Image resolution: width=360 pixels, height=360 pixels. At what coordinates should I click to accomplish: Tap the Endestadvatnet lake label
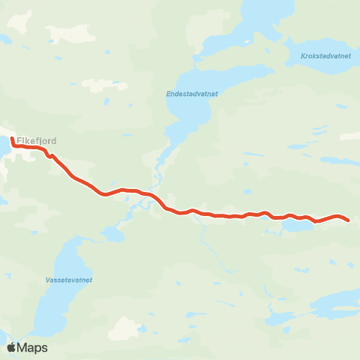(192, 94)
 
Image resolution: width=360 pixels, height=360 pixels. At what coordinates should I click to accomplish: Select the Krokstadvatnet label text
(325, 55)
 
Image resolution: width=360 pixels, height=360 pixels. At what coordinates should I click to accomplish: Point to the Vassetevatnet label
(67, 280)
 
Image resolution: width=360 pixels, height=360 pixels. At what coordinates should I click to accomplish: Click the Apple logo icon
(12, 347)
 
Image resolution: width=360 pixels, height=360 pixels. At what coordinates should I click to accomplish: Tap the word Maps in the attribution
(33, 348)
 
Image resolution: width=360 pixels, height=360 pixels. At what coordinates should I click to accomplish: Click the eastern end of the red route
(349, 220)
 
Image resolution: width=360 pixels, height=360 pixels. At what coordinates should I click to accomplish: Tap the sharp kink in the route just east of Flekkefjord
(49, 156)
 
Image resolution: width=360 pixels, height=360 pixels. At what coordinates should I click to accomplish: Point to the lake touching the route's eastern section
(296, 224)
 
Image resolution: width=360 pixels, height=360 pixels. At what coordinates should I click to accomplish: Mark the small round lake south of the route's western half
(113, 235)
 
